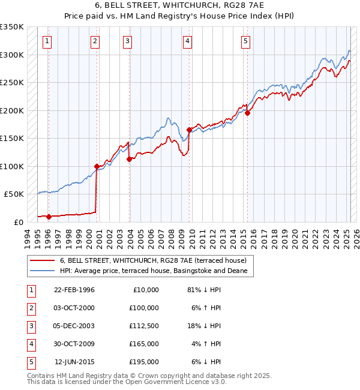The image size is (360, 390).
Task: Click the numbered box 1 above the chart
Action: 47,41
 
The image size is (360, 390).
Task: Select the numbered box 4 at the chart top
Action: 188,41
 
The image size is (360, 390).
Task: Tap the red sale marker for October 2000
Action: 97,166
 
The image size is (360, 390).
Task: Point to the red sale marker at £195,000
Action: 247,113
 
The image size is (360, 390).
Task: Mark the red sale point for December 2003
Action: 129,159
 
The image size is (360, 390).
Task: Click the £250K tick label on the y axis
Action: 13,83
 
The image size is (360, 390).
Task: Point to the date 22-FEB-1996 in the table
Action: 74,290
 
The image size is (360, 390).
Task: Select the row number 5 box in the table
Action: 30,362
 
